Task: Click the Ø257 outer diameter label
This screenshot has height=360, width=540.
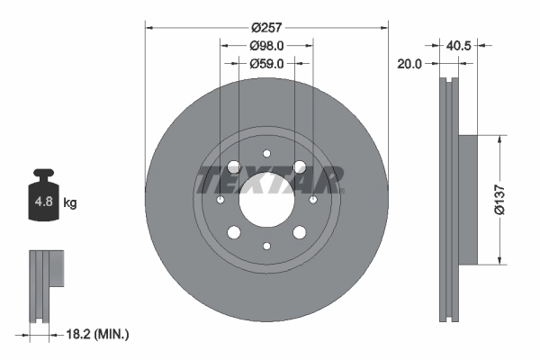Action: pyautogui.click(x=266, y=28)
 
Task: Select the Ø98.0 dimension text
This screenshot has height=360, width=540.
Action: pyautogui.click(x=266, y=46)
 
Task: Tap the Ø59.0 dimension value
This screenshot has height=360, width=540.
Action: pyautogui.click(x=266, y=64)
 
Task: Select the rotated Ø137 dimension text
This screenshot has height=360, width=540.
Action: pyautogui.click(x=510, y=200)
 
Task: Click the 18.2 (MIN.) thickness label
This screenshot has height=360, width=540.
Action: pyautogui.click(x=98, y=335)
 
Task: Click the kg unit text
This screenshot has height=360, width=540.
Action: pyautogui.click(x=70, y=203)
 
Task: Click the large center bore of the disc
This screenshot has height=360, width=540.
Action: pyautogui.click(x=266, y=199)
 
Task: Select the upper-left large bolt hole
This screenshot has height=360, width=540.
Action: pyautogui.click(x=234, y=166)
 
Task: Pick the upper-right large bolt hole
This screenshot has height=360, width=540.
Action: pyautogui.click(x=299, y=166)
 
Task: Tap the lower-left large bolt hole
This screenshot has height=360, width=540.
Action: pyautogui.click(x=234, y=232)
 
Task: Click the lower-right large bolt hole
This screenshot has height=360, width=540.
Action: pyautogui.click(x=299, y=232)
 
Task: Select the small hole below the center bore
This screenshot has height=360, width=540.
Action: pyautogui.click(x=266, y=245)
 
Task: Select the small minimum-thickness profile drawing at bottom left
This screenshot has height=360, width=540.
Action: pyautogui.click(x=47, y=285)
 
